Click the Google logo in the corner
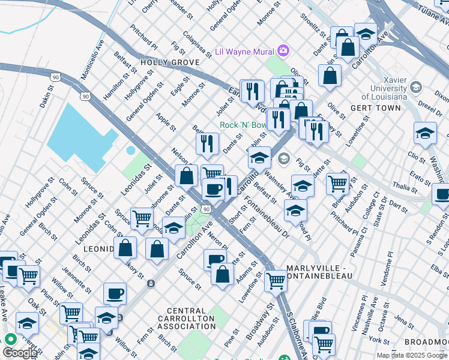20,353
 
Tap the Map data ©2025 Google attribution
412,355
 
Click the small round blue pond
130,149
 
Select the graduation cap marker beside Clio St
425,134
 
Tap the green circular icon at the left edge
10,338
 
